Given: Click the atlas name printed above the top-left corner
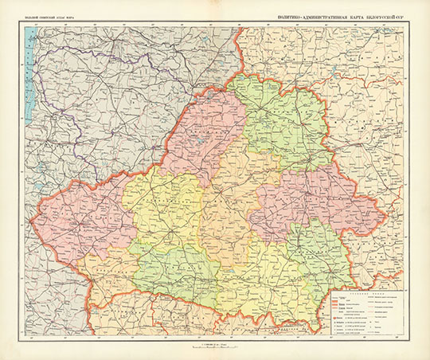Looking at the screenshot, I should (53, 17).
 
